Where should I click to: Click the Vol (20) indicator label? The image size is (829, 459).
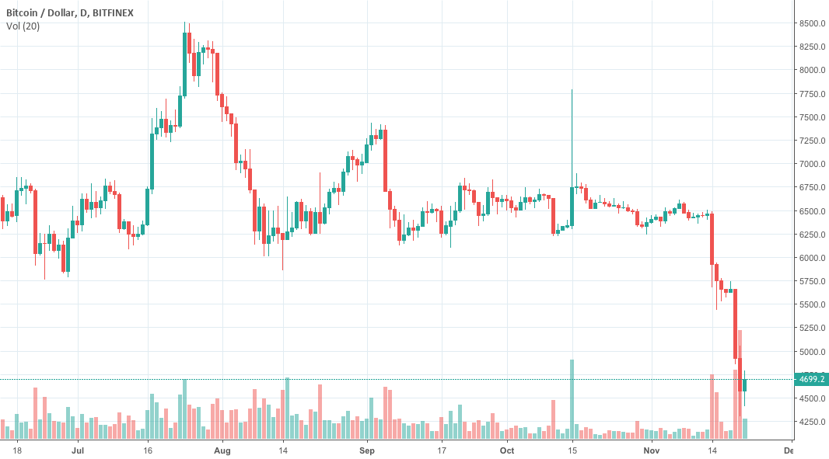pyautogui.click(x=23, y=26)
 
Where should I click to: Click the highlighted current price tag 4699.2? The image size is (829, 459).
pyautogui.click(x=812, y=380)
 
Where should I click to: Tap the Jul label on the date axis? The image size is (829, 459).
pyautogui.click(x=77, y=450)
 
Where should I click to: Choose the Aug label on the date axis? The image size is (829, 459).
pyautogui.click(x=222, y=450)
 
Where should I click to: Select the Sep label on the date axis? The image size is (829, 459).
pyautogui.click(x=367, y=450)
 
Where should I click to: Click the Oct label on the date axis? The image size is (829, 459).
pyautogui.click(x=507, y=450)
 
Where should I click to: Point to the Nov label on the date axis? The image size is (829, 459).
pyautogui.click(x=652, y=450)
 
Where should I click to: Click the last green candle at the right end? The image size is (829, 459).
pyautogui.click(x=745, y=385)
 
